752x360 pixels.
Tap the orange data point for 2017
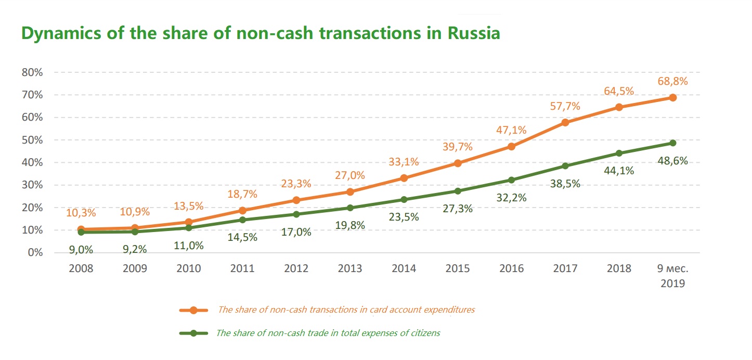coord(565,123)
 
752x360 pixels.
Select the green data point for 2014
coord(404,200)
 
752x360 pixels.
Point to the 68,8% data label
coord(672,81)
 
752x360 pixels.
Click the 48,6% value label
coord(672,161)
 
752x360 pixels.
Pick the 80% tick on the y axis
coord(32,72)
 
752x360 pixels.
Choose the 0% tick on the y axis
coord(34,253)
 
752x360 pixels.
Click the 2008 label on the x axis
coord(81,268)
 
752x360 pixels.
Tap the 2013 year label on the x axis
coord(350,268)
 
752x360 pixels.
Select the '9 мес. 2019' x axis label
coord(672,276)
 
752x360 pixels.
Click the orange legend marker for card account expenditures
coord(193,310)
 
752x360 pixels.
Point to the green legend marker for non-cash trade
coord(193,333)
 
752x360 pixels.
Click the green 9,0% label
coord(81,250)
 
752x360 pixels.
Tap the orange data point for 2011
coord(242,210)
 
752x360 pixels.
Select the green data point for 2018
coord(619,153)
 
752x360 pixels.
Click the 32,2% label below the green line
coord(512,198)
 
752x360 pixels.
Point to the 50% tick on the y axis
coord(32,140)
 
